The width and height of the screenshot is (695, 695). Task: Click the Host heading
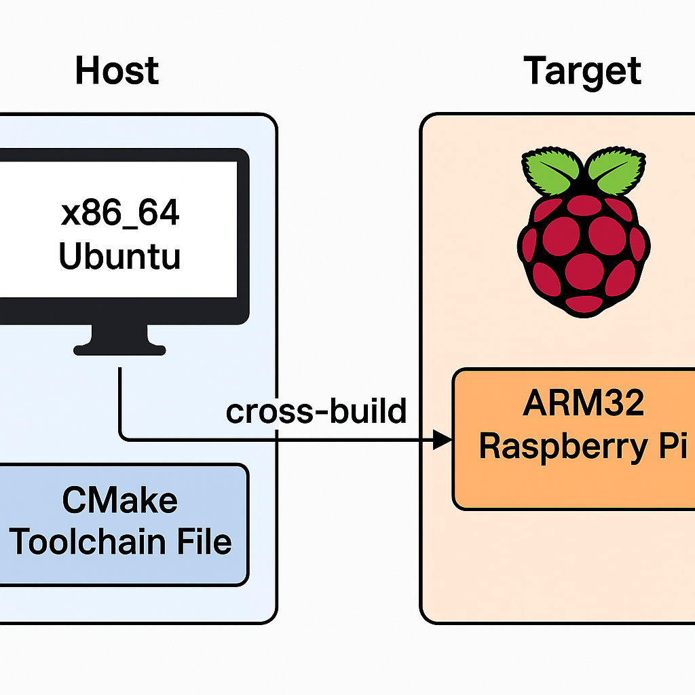(117, 71)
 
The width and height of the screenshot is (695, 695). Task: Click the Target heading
(582, 71)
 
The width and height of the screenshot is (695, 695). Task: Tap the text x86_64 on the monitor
(120, 214)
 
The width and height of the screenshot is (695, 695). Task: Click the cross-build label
(316, 411)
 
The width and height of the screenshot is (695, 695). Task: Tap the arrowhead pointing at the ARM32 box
(443, 440)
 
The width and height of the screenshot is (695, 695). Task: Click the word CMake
(120, 501)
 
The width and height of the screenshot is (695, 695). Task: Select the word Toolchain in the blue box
(87, 542)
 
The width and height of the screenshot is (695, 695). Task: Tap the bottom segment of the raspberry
(584, 303)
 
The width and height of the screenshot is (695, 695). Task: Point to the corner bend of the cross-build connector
(122, 437)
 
